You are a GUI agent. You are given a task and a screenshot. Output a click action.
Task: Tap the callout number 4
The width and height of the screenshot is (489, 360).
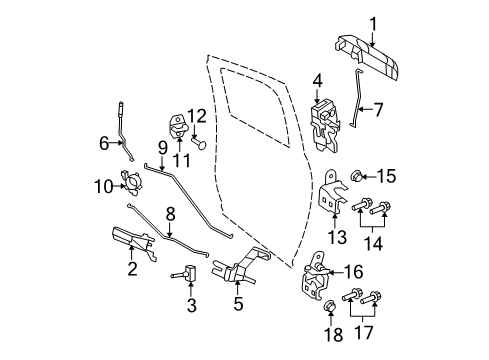coord(317,80)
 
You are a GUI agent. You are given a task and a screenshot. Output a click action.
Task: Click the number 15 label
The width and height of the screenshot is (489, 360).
coord(387,176)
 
